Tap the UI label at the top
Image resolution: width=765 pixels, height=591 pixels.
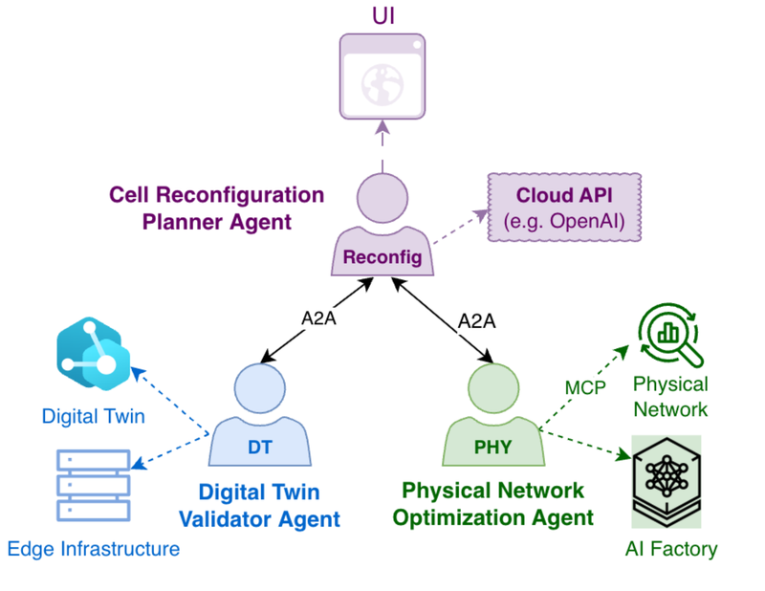(x=382, y=15)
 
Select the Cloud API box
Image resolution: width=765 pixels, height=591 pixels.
(x=563, y=208)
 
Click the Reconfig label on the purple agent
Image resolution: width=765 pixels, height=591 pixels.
(x=382, y=257)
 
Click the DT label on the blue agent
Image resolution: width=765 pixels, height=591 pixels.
(x=260, y=447)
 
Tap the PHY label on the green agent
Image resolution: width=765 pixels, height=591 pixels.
(x=493, y=447)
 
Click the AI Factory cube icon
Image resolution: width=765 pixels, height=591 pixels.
(x=667, y=481)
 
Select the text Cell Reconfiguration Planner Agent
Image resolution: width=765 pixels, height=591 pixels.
(x=216, y=208)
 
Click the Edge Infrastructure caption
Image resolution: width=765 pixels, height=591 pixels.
(x=93, y=549)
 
